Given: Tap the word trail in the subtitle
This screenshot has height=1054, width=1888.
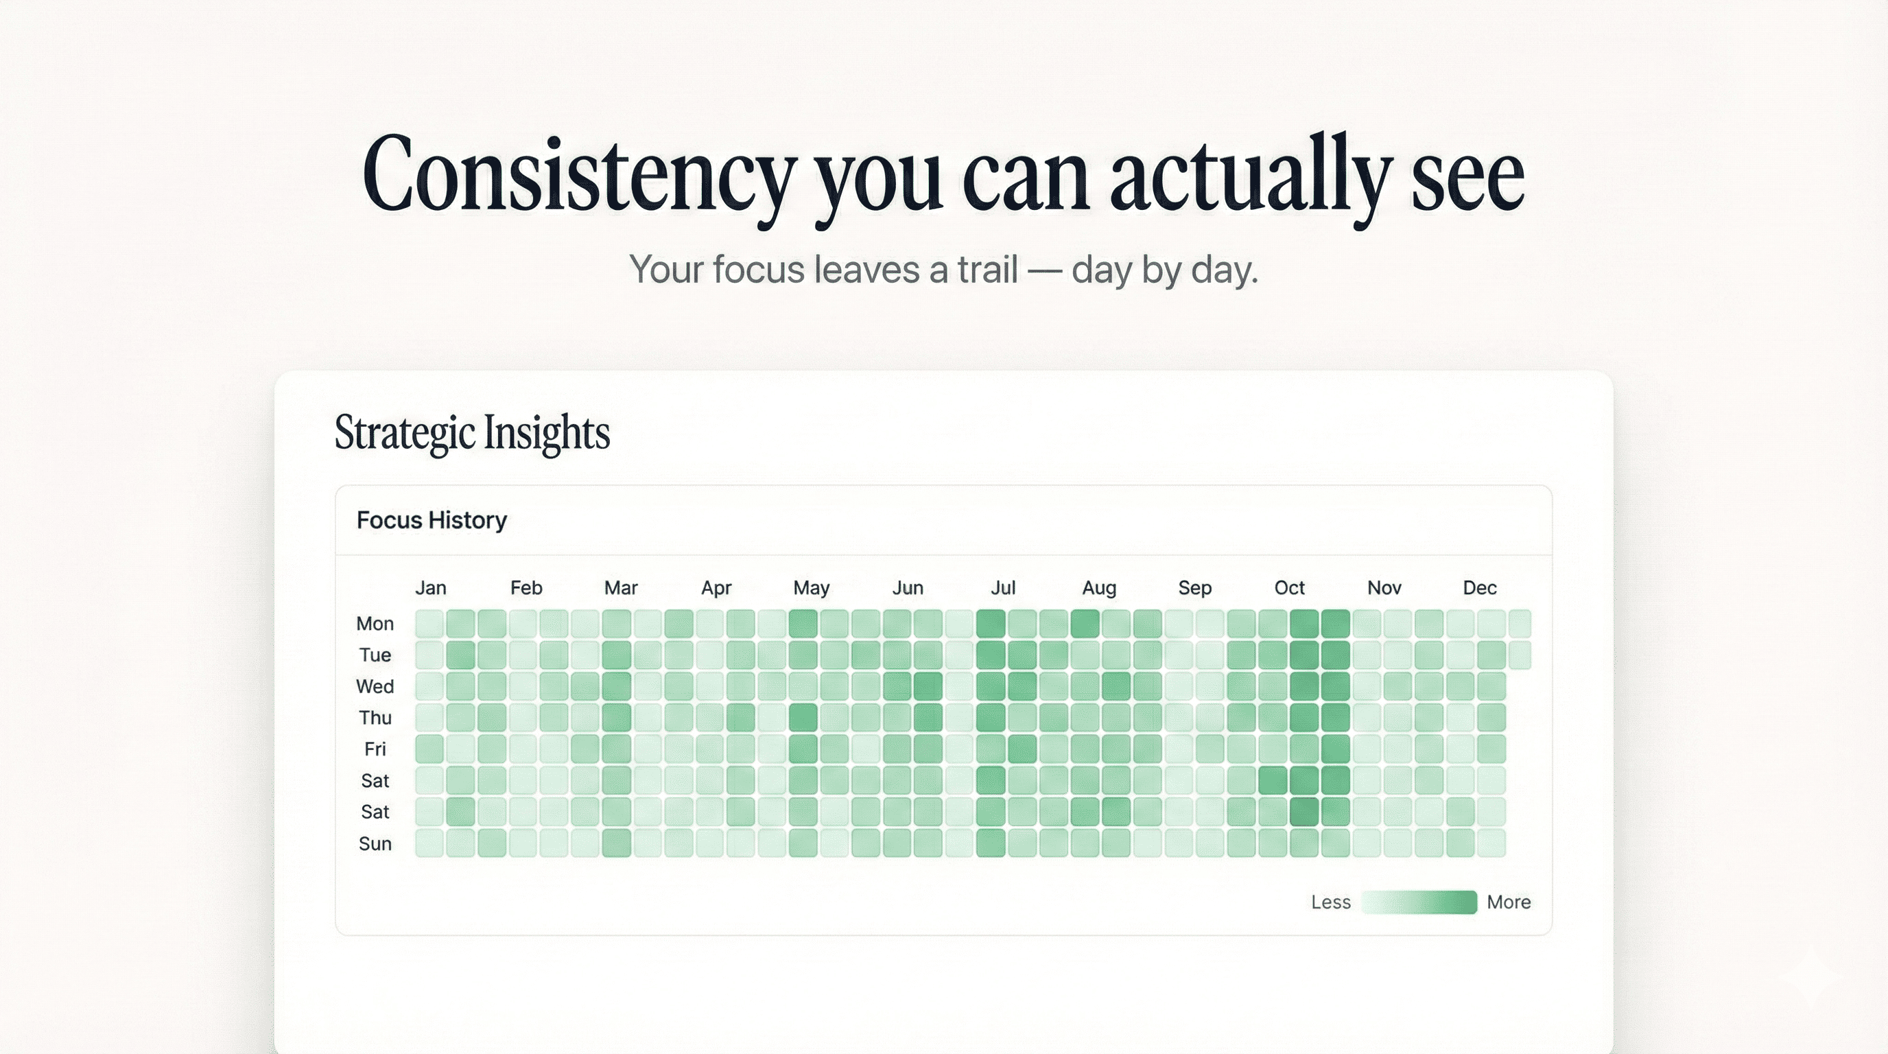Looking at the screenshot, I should pos(987,270).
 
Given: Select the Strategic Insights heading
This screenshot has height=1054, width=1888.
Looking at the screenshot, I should pos(472,432).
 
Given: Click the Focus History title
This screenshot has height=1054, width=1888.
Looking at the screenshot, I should pos(432,520).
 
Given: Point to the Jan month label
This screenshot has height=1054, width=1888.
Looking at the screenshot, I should pos(430,588).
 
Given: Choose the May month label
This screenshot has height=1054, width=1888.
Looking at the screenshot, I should pos(811,588).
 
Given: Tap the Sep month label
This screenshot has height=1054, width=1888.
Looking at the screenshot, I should pos(1194,588).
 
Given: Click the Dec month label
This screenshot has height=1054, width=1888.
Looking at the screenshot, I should pos(1479,588).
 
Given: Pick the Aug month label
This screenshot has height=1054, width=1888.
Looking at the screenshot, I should pos(1098,588).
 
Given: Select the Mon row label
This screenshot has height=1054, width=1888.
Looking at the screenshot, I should pos(375,624).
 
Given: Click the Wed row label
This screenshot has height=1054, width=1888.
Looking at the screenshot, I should pos(375,687).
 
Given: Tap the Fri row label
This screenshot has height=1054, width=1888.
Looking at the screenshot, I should pos(375,749).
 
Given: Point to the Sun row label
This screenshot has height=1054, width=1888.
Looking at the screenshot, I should pos(375,843).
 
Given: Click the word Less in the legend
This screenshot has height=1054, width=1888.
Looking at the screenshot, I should pos(1330,902).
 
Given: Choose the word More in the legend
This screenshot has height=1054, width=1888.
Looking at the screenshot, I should pos(1509,902).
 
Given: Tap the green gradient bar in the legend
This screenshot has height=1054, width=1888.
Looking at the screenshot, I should pos(1419,902).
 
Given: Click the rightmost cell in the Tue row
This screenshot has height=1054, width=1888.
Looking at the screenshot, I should pos(1520,655).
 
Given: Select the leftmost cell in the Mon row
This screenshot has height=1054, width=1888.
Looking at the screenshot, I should pos(429,624).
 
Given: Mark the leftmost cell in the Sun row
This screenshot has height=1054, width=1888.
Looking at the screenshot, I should pos(429,843).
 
